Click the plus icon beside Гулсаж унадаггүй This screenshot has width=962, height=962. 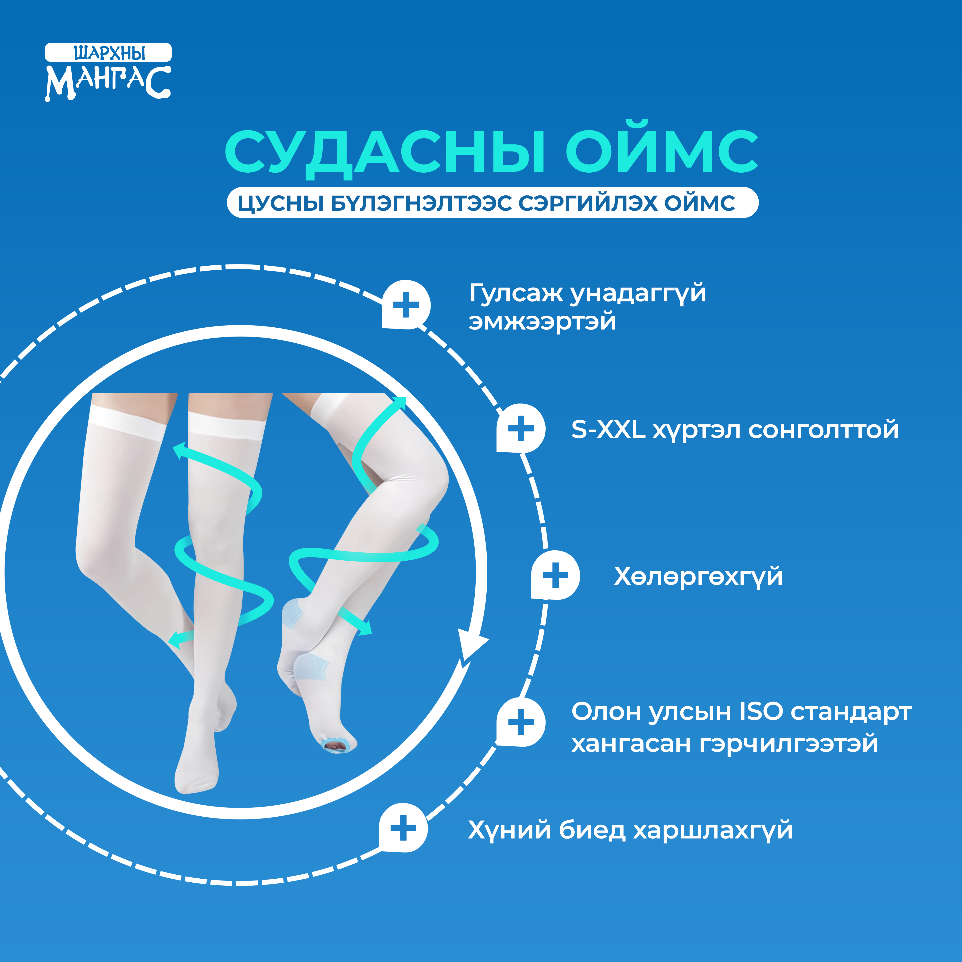tap(406, 305)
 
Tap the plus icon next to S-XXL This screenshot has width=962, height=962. tap(521, 428)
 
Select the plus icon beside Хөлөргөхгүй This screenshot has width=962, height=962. tap(555, 576)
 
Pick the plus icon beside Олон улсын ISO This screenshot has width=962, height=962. tap(521, 722)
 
